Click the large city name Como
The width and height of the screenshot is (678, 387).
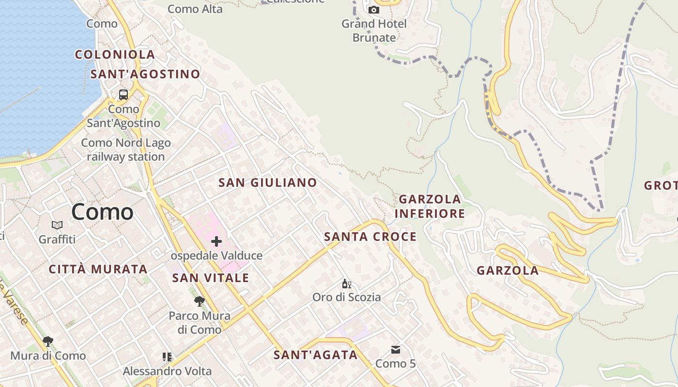(x=102, y=212)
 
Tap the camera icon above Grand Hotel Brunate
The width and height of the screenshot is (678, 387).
(x=374, y=10)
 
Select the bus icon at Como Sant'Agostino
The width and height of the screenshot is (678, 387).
(x=123, y=95)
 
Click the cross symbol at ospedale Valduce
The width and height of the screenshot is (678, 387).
(x=216, y=241)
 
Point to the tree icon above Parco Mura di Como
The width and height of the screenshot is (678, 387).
(x=199, y=302)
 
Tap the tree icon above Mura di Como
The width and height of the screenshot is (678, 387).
(x=47, y=342)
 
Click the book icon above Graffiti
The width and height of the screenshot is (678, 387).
(x=57, y=225)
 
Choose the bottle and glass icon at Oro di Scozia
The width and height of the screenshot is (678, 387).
(x=346, y=283)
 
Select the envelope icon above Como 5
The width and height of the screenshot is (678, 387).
(x=396, y=350)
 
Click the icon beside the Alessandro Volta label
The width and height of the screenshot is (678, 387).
(x=167, y=357)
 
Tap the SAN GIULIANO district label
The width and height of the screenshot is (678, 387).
(x=267, y=183)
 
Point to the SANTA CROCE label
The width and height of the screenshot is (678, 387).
(x=370, y=237)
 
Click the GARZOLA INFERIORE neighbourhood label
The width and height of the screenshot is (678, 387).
(x=430, y=206)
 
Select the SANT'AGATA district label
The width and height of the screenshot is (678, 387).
(x=315, y=355)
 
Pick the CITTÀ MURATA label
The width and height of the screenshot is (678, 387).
(x=98, y=269)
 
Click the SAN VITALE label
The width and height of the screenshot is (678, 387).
(x=211, y=278)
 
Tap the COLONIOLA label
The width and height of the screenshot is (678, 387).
(x=115, y=55)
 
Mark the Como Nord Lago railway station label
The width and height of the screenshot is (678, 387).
(x=126, y=149)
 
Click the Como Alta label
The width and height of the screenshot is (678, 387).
(x=195, y=9)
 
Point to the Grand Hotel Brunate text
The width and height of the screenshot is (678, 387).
(x=374, y=30)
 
